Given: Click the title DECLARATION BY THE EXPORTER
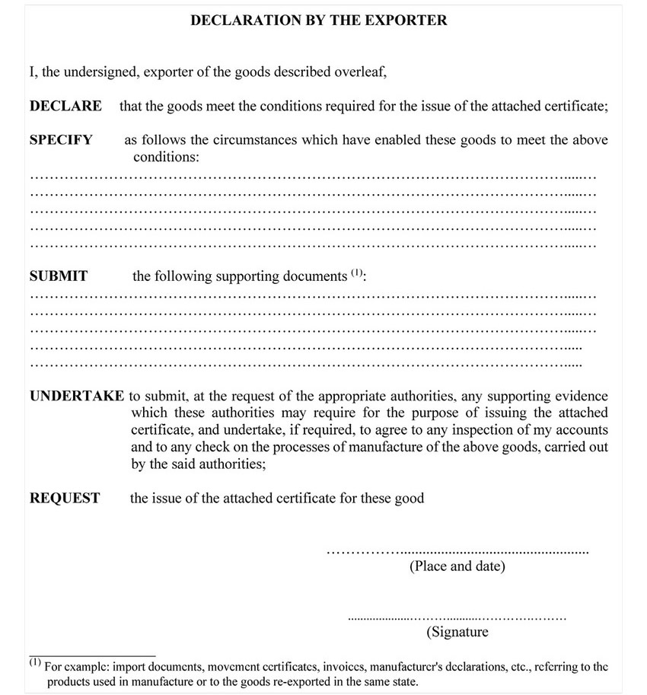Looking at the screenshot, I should coord(318,21).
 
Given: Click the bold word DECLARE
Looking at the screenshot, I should coord(65,106).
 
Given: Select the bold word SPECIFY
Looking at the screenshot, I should coord(61,140).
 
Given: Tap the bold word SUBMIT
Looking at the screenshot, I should coord(59,276).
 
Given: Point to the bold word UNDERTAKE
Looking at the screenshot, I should coord(77,396).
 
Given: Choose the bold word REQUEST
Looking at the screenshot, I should coord(65,499).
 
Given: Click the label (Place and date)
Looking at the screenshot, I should coord(457,566).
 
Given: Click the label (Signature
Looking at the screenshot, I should coord(457,632).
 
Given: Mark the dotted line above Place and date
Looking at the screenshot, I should coord(457,550).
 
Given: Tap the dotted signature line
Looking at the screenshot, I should coord(457,617).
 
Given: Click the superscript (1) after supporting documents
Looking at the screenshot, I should coord(357,273).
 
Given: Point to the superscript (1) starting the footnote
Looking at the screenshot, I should coord(35,662).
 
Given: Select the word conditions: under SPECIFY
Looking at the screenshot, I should coord(166,158).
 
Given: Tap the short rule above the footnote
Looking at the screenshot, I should coord(92,655).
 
